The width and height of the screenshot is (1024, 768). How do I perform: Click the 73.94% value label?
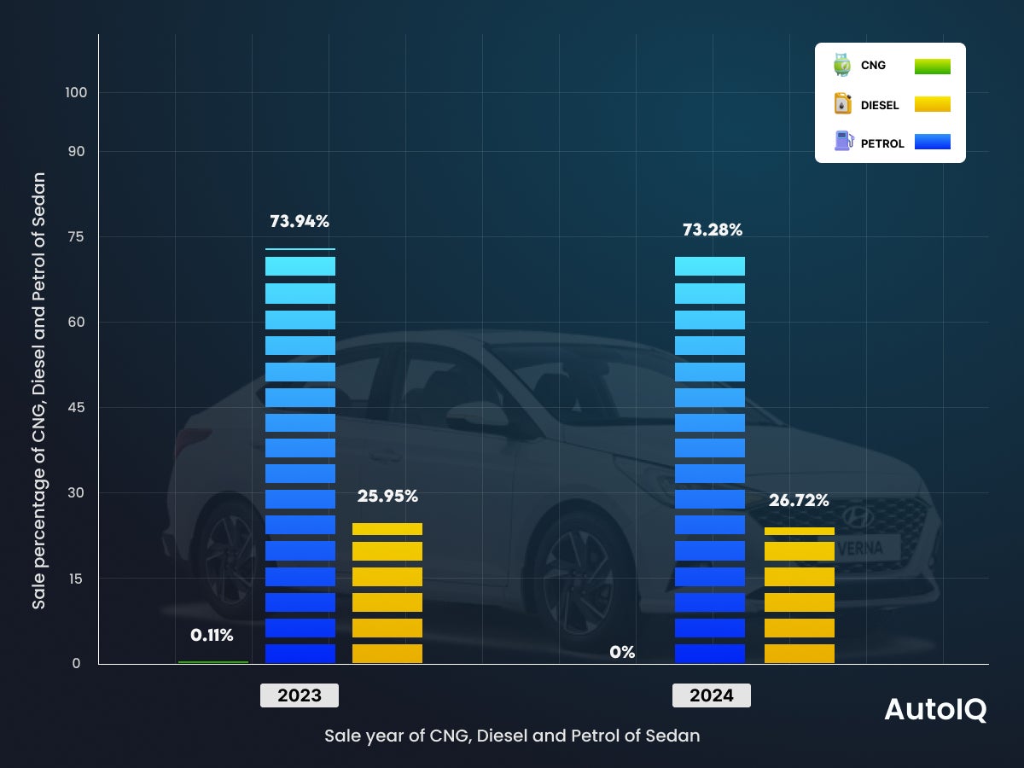pyautogui.click(x=300, y=222)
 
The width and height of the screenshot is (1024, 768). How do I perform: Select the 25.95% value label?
pyautogui.click(x=387, y=496)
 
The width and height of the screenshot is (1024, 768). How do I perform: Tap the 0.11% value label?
pyautogui.click(x=212, y=635)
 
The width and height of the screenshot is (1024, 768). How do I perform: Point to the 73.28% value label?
pyautogui.click(x=712, y=230)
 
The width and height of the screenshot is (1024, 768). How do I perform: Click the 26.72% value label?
pyautogui.click(x=798, y=500)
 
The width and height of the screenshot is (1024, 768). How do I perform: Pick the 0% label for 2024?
pyautogui.click(x=622, y=653)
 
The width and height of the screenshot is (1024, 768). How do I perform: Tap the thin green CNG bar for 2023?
pyautogui.click(x=213, y=662)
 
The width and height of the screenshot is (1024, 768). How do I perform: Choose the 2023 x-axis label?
pyautogui.click(x=300, y=695)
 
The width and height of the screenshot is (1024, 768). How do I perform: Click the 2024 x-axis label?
pyautogui.click(x=712, y=695)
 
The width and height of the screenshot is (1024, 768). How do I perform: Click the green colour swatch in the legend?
pyautogui.click(x=932, y=67)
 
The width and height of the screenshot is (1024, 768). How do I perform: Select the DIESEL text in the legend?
pyautogui.click(x=880, y=106)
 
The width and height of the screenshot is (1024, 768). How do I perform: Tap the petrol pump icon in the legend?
pyautogui.click(x=843, y=142)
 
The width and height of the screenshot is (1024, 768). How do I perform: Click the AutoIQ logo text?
pyautogui.click(x=935, y=710)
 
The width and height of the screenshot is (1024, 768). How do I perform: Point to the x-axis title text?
pyautogui.click(x=512, y=736)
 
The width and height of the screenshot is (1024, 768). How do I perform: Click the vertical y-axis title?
pyautogui.click(x=39, y=390)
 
